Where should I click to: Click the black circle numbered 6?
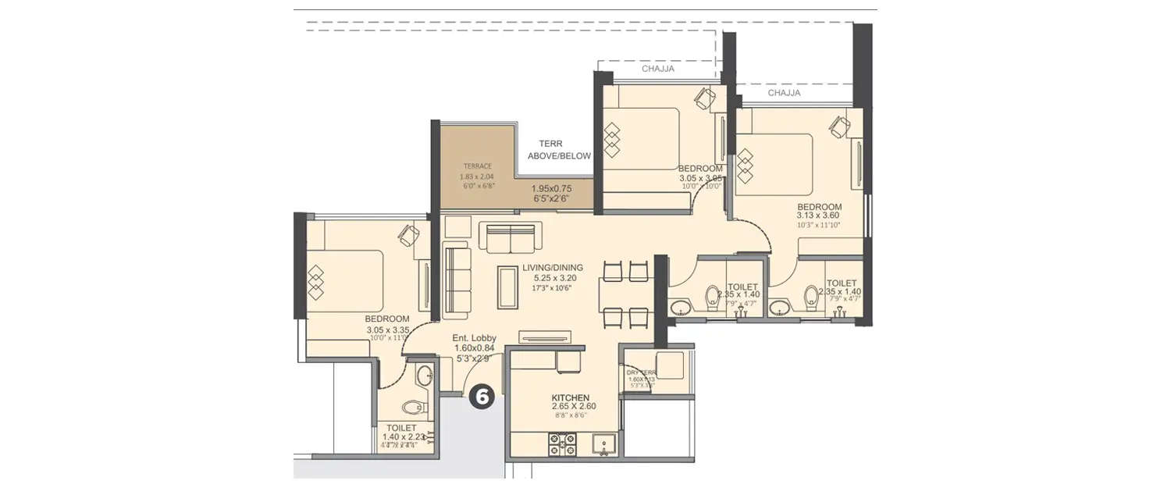click(482, 397)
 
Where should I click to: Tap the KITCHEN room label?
click(571, 397)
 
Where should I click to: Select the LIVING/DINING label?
click(553, 268)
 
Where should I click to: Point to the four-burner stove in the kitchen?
click(562, 443)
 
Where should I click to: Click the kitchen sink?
click(603, 443)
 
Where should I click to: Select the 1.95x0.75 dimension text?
click(552, 188)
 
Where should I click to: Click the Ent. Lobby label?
click(475, 338)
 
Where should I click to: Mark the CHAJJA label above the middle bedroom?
click(657, 69)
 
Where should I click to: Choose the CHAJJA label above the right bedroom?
click(784, 93)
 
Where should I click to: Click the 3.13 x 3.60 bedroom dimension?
click(818, 216)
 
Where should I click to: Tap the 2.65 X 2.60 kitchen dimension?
click(574, 407)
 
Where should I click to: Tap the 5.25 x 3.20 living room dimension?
click(554, 278)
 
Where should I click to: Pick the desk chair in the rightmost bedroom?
click(841, 125)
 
